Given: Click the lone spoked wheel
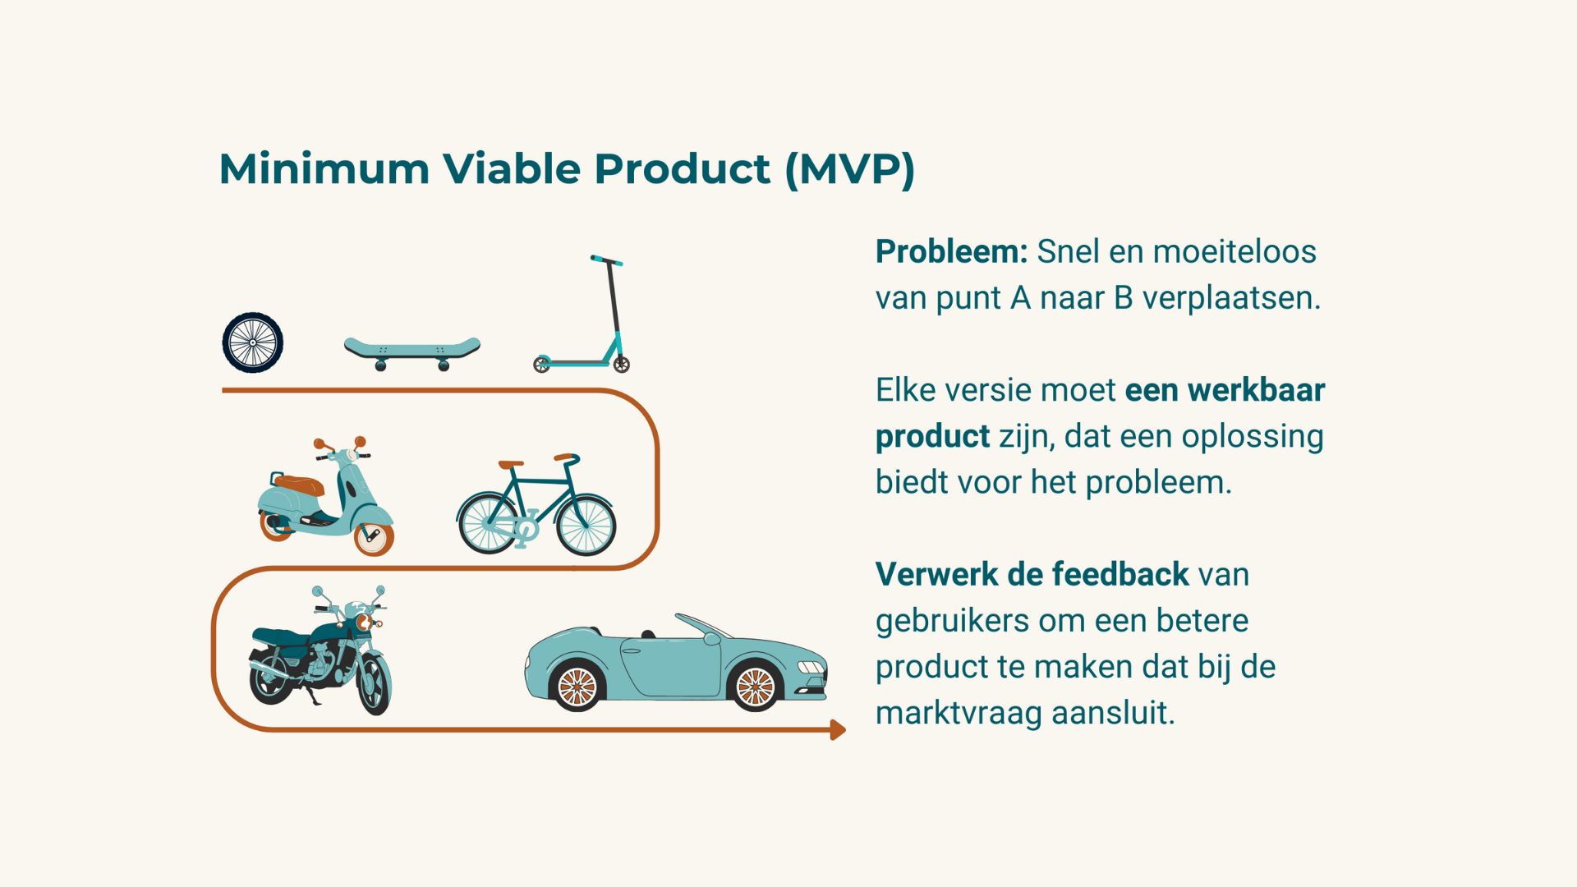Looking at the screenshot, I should pyautogui.click(x=253, y=342).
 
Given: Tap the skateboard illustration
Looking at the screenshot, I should pyautogui.click(x=411, y=349).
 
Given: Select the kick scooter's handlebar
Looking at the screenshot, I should pyautogui.click(x=606, y=260).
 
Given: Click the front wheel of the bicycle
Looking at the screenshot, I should pyautogui.click(x=586, y=525).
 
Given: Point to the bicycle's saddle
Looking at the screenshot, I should pyautogui.click(x=511, y=465).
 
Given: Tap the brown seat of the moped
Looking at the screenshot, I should pyautogui.click(x=298, y=485).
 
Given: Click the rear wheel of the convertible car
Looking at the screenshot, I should pyautogui.click(x=577, y=686).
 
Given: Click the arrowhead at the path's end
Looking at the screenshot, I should pyautogui.click(x=837, y=729).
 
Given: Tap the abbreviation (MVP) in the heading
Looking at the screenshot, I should pyautogui.click(x=849, y=169).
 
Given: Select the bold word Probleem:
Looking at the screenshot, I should pyautogui.click(x=951, y=251).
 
